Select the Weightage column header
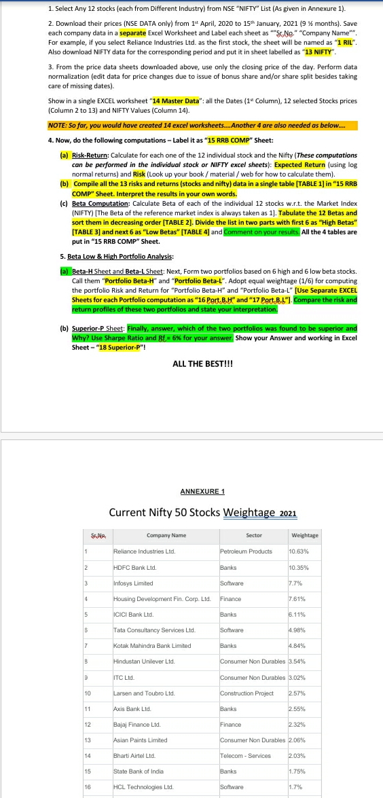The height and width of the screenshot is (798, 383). click(x=304, y=535)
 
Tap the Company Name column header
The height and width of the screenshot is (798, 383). click(x=166, y=535)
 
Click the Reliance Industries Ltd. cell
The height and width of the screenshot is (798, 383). click(x=144, y=551)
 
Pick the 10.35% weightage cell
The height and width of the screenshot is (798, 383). click(x=299, y=568)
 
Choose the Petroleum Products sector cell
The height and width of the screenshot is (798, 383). click(x=245, y=551)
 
